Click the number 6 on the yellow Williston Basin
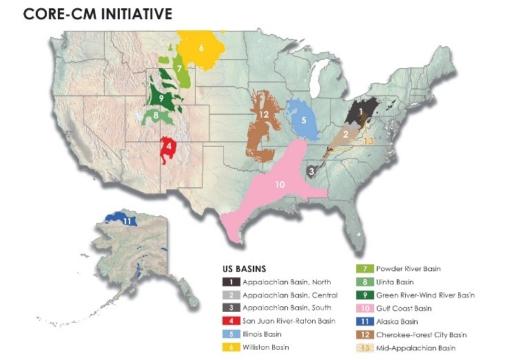tap(201, 48)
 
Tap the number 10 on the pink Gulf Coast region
tap(279, 184)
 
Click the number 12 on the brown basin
tap(263, 114)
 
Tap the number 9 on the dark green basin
tap(160, 99)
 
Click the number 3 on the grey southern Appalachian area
tap(311, 171)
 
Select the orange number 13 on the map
tap(368, 140)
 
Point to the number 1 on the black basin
tap(360, 109)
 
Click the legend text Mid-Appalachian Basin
tap(415, 346)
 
